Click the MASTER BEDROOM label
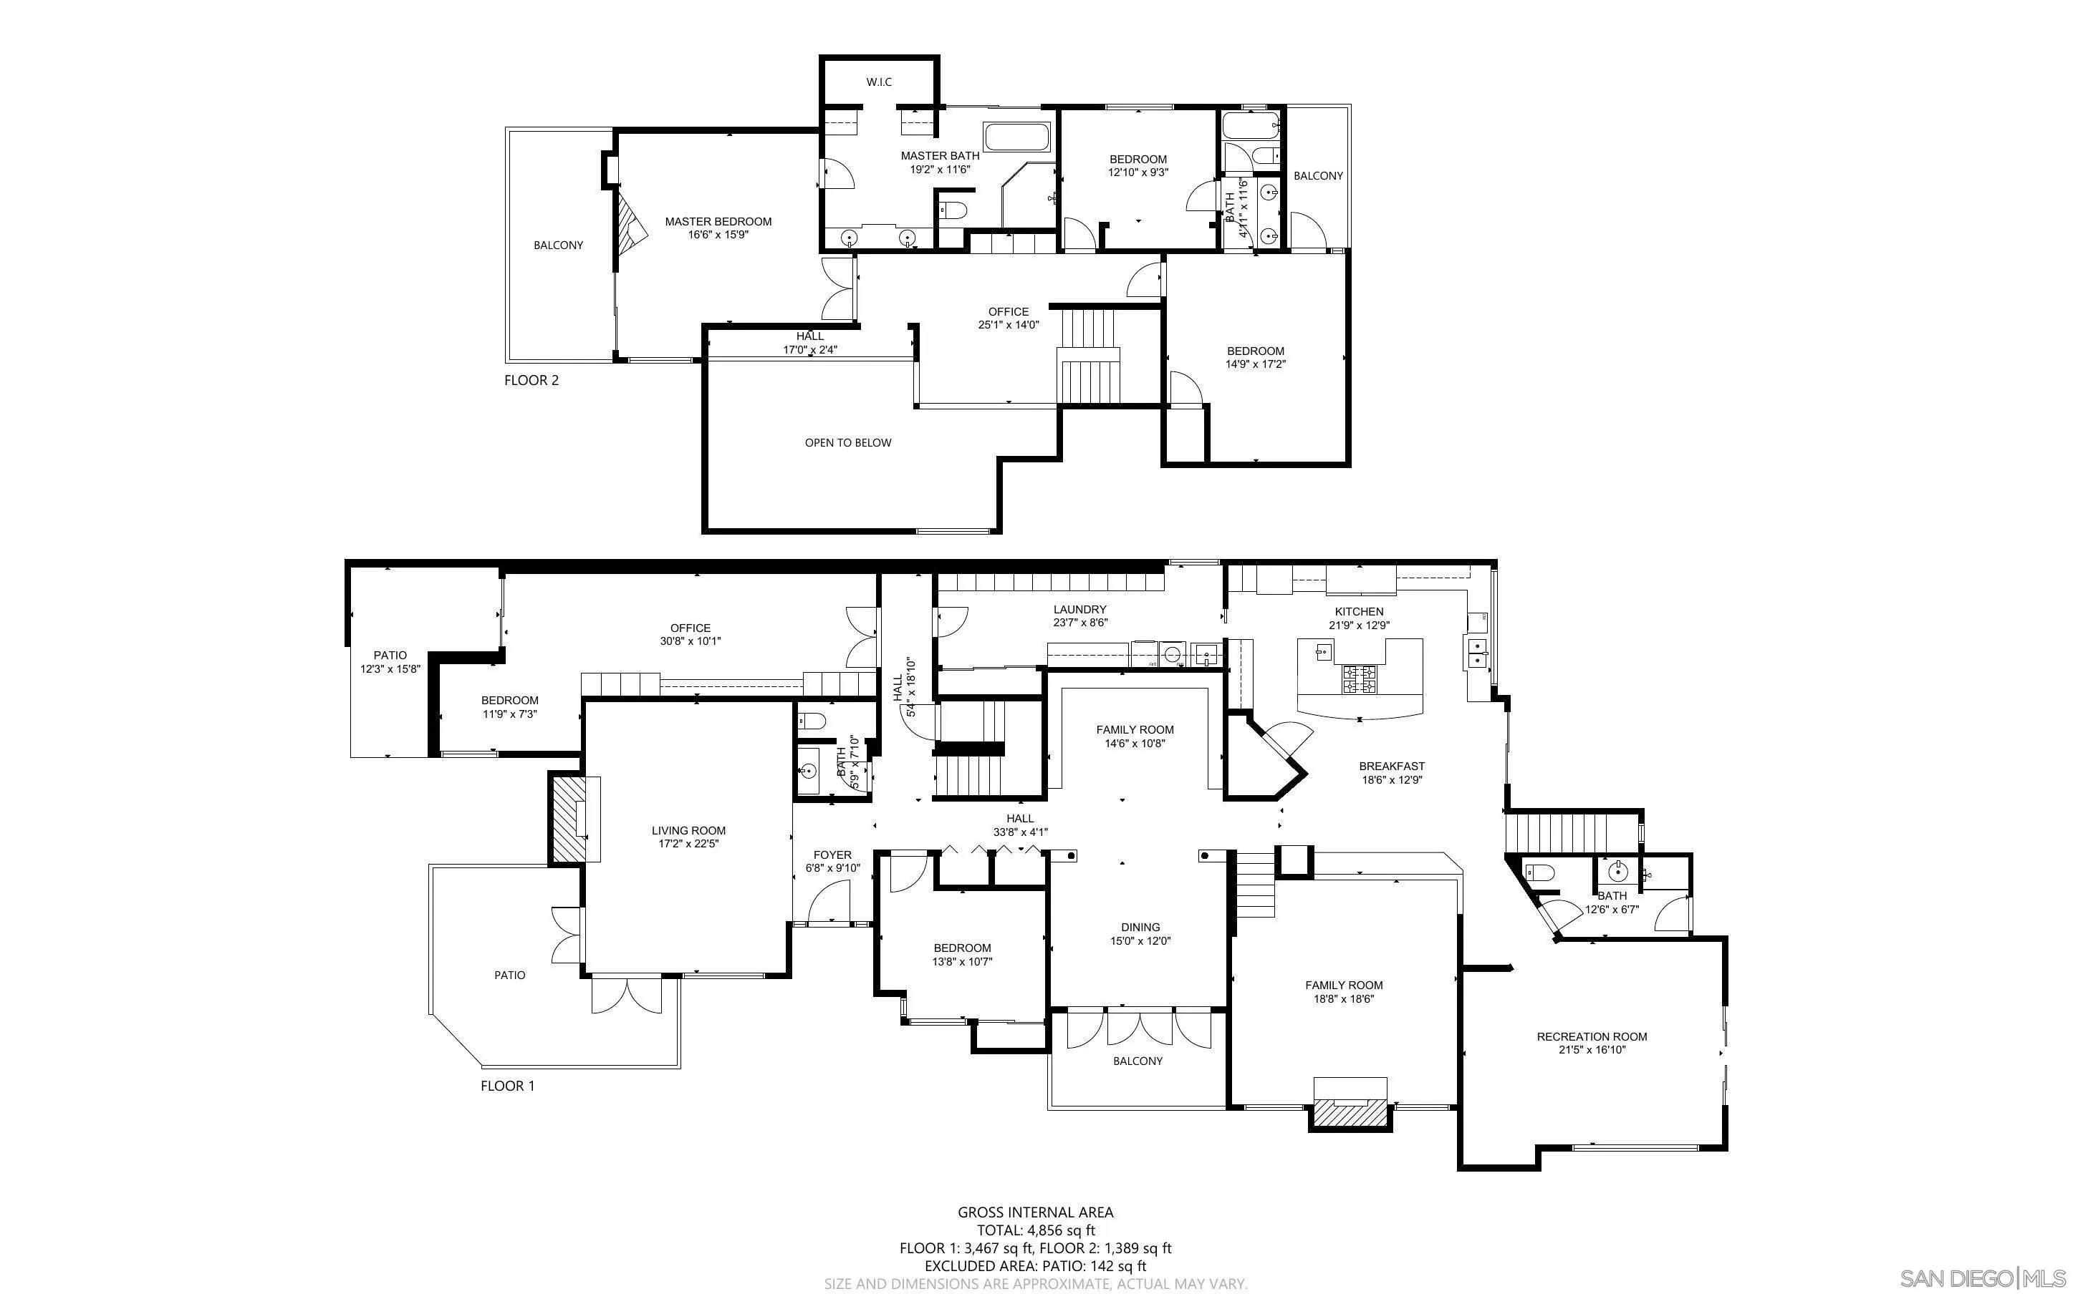(718, 222)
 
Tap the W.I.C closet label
(878, 82)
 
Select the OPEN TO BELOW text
(847, 442)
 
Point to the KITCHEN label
(1359, 612)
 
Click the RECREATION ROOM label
(1592, 1036)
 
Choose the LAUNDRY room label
(1079, 609)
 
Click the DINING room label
(1140, 927)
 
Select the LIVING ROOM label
(688, 830)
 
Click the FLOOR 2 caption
(531, 380)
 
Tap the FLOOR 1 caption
(507, 1086)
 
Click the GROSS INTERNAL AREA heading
(1035, 1212)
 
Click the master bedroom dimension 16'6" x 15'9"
(718, 235)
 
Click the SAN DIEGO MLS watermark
(1981, 1278)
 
